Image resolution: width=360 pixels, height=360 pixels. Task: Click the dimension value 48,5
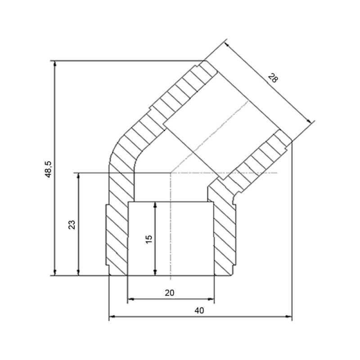tap(49, 169)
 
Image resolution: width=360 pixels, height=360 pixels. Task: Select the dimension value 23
tap(72, 225)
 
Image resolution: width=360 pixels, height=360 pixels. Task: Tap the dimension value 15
tap(149, 239)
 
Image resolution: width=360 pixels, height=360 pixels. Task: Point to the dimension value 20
tap(170, 293)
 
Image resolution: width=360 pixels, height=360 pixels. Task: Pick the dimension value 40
tap(199, 310)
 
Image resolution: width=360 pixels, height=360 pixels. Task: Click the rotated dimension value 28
tap(273, 78)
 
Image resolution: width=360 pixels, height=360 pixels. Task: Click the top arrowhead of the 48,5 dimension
tap(54, 63)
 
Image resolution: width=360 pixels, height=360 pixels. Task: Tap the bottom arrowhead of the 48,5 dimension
tap(54, 273)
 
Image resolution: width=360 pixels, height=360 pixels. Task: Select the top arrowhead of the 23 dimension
tap(78, 175)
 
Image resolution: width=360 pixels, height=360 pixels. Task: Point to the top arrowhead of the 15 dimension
tap(155, 205)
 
